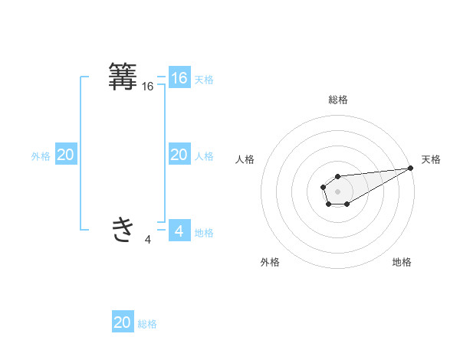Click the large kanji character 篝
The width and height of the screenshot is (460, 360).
(x=123, y=77)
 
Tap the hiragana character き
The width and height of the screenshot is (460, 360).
(x=123, y=229)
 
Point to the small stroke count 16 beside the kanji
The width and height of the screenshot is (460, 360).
(x=148, y=87)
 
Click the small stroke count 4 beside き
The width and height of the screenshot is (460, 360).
(x=148, y=240)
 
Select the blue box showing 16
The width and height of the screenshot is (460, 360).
(x=179, y=78)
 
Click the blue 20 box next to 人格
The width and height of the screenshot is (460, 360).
(x=179, y=155)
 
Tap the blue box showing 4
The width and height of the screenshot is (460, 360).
(x=179, y=231)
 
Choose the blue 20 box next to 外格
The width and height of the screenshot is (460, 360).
(x=65, y=155)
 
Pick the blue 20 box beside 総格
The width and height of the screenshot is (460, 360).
(x=123, y=322)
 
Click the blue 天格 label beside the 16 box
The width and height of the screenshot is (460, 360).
(x=204, y=79)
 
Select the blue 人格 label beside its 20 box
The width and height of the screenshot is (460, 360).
(x=204, y=155)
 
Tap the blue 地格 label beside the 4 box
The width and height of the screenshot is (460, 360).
(x=204, y=232)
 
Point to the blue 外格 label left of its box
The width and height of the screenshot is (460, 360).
(x=41, y=155)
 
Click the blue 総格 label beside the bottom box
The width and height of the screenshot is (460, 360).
(x=147, y=323)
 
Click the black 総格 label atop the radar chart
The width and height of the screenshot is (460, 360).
(x=338, y=100)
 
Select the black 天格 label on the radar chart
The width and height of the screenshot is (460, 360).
(x=431, y=159)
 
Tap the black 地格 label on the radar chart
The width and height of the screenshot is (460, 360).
(x=402, y=262)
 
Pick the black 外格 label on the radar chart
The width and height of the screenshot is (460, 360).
(x=270, y=262)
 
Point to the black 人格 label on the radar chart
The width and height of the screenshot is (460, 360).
(x=245, y=159)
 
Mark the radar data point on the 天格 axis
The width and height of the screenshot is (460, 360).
(x=410, y=168)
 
